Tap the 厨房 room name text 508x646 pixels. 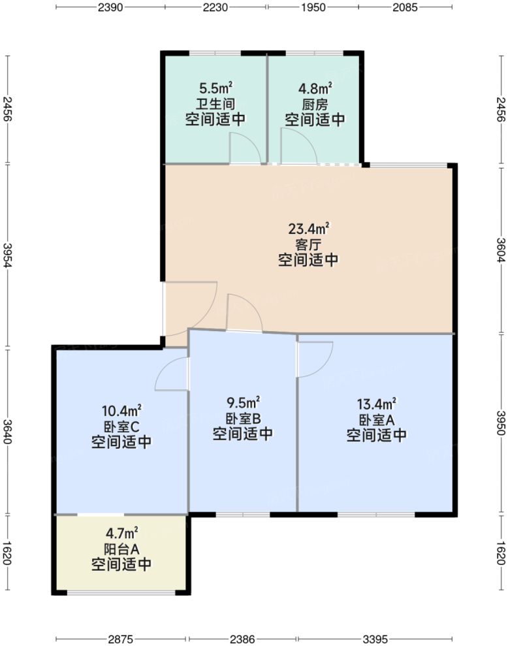coord(315,104)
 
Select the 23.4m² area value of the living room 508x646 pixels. coord(308,229)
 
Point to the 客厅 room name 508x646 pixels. coord(308,244)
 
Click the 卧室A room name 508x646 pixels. coord(377,419)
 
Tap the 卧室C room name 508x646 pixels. coord(121,427)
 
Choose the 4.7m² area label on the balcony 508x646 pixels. coord(121,533)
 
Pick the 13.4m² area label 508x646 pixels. coord(377,404)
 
